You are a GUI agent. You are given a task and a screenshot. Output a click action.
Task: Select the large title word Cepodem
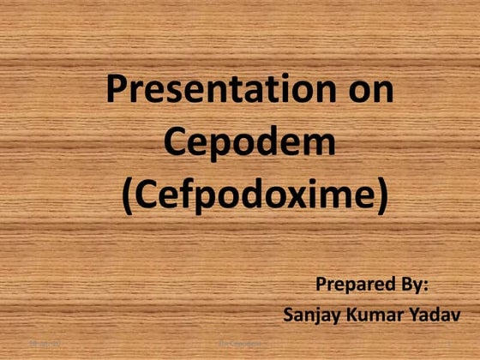tap(249, 142)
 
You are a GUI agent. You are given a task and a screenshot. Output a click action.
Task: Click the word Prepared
tap(354, 284)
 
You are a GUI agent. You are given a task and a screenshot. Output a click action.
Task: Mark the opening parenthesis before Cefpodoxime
tap(128, 196)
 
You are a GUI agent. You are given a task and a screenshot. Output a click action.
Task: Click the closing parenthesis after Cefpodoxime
tap(381, 196)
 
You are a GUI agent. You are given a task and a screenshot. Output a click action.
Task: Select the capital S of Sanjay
tap(289, 315)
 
